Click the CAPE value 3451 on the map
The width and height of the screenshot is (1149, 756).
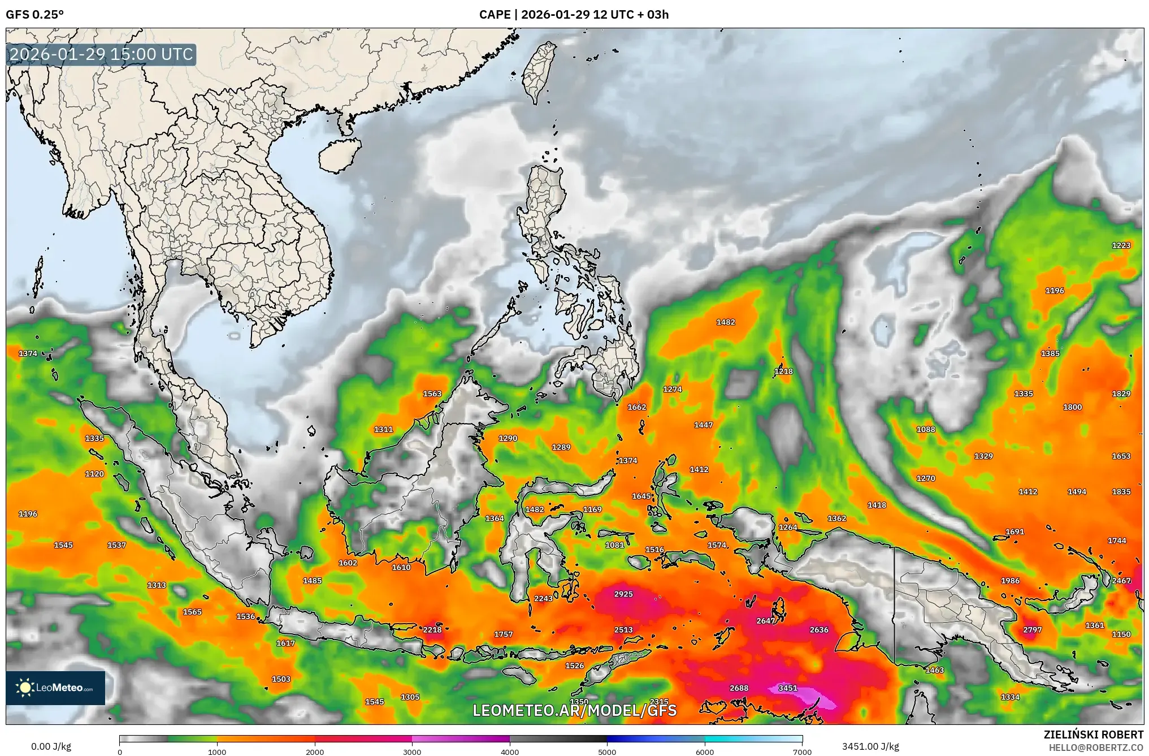(787, 688)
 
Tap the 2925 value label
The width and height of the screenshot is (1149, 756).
(623, 594)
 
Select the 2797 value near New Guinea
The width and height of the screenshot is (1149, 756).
(1032, 629)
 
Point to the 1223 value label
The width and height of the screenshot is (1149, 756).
(1121, 245)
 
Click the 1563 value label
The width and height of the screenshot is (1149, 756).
(432, 394)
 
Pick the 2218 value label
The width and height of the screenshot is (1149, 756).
(432, 629)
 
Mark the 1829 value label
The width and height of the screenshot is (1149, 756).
(1121, 394)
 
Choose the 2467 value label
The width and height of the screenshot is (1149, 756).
(1121, 580)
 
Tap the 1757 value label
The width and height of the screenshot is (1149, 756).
(503, 634)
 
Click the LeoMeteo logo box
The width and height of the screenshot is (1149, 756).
(55, 688)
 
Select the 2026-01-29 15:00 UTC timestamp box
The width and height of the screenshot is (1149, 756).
(102, 54)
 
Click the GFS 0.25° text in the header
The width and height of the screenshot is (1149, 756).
(34, 15)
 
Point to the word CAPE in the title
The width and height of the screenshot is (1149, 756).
(495, 15)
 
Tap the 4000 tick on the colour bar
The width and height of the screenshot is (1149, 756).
(510, 751)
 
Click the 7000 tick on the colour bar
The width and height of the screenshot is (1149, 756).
(802, 751)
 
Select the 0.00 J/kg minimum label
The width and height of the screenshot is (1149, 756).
(51, 746)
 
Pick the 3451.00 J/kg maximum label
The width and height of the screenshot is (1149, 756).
(870, 746)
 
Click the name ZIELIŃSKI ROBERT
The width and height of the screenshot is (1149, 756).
(1093, 734)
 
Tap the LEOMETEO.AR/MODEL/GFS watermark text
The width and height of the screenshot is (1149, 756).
(574, 710)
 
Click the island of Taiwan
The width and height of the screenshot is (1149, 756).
(539, 71)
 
